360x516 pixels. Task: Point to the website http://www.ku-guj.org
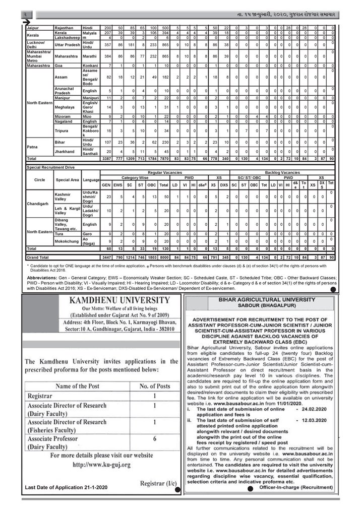[x=101, y=464]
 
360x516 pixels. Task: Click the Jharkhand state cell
[x=66, y=151]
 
